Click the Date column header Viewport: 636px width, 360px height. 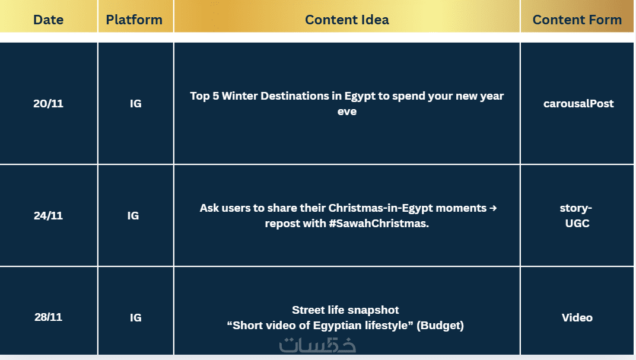pos(48,20)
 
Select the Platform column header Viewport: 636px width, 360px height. pos(134,20)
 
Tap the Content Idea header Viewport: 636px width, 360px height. pos(347,20)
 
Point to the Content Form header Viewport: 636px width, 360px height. pos(577,20)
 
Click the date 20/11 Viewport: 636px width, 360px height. pos(48,103)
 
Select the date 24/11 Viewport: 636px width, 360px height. pos(48,215)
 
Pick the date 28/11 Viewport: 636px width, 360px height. pos(48,317)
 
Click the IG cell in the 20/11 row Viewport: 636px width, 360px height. pos(135,103)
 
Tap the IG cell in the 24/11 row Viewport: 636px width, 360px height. pos(133,215)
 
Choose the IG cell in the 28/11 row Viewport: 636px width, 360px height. pos(135,317)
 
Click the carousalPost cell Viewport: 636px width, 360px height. pos(578,103)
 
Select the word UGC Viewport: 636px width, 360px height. pos(577,224)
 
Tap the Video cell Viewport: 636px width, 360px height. pos(577,317)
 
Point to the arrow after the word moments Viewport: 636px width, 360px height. pos(493,208)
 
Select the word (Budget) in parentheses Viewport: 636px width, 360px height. pos(440,325)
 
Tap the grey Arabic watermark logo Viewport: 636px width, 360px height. pos(317,345)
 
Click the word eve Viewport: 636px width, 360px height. pos(347,111)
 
